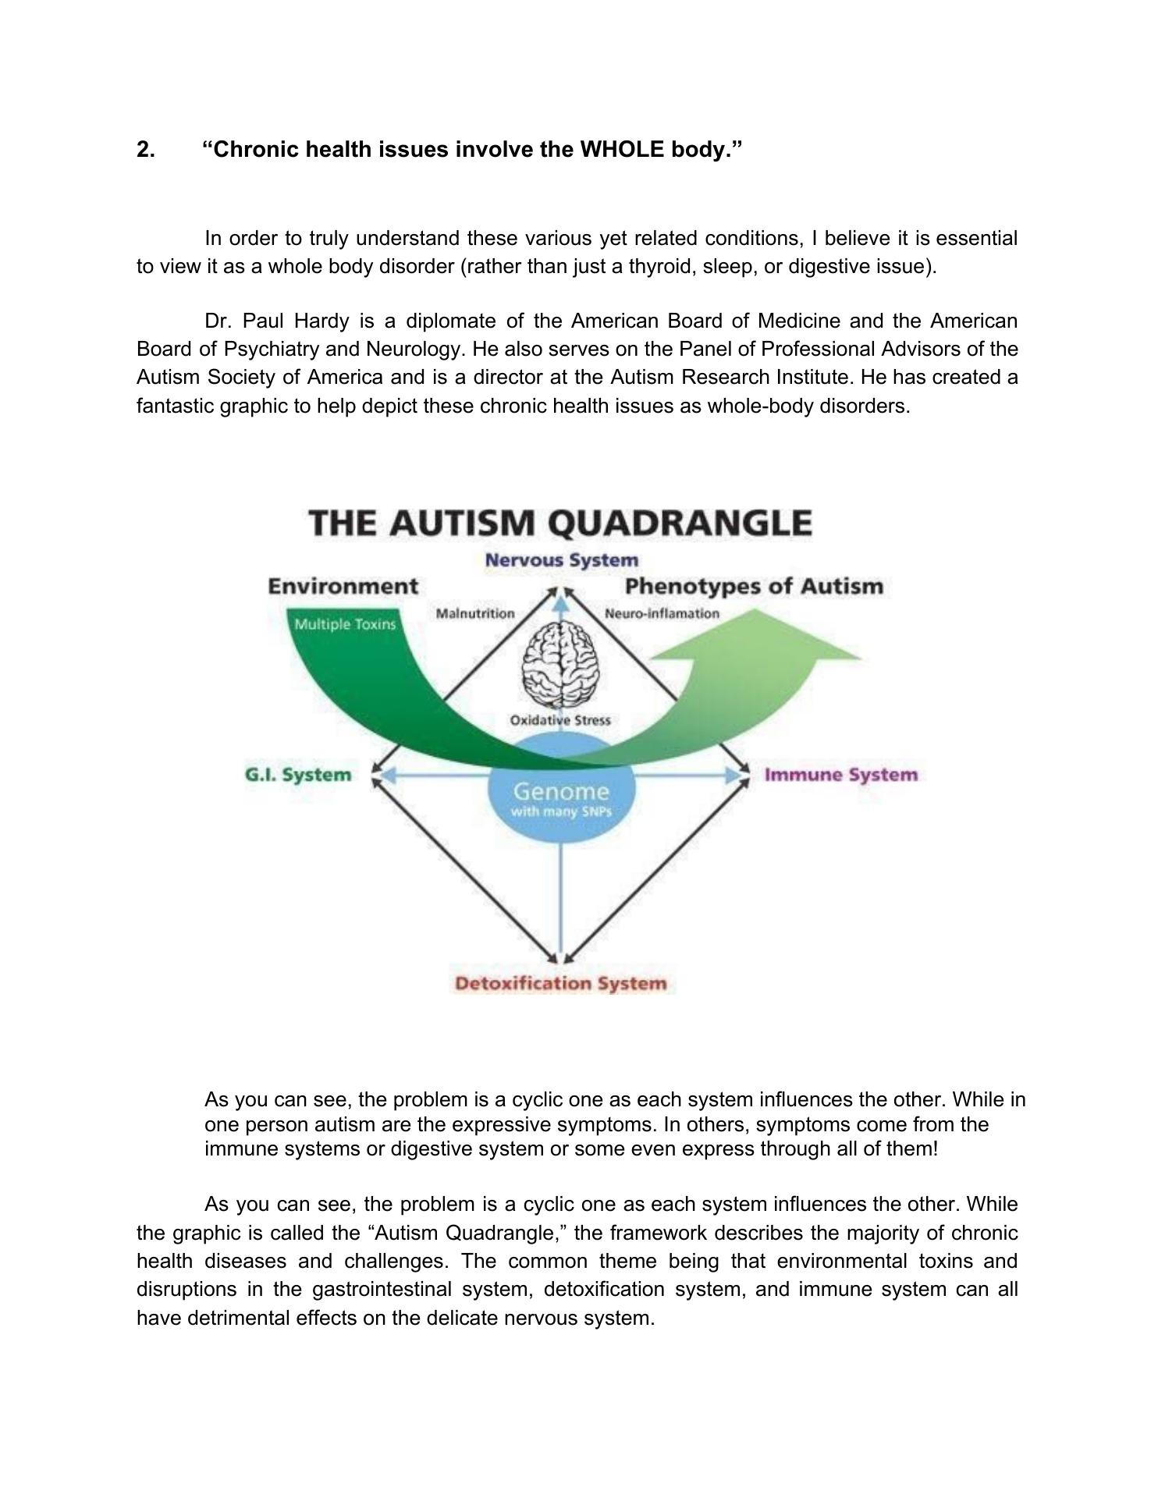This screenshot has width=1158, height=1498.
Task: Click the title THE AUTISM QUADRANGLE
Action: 560,523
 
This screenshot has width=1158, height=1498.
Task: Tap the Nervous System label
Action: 561,560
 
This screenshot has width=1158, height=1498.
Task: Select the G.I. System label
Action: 298,775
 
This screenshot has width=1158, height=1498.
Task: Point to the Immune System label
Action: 840,775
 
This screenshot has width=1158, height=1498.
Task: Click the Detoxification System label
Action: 560,983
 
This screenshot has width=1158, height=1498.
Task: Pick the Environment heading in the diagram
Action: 343,586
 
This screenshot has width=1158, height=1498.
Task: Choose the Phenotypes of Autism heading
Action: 754,586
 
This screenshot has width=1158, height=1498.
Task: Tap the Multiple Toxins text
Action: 344,624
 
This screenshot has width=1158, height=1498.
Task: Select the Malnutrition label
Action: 475,613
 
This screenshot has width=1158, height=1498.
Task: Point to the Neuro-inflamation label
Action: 662,613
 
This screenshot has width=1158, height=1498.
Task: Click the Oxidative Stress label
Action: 560,720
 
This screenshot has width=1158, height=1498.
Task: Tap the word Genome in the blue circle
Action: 561,792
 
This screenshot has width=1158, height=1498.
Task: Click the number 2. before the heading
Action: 146,149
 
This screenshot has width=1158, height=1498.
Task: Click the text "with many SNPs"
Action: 561,812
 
